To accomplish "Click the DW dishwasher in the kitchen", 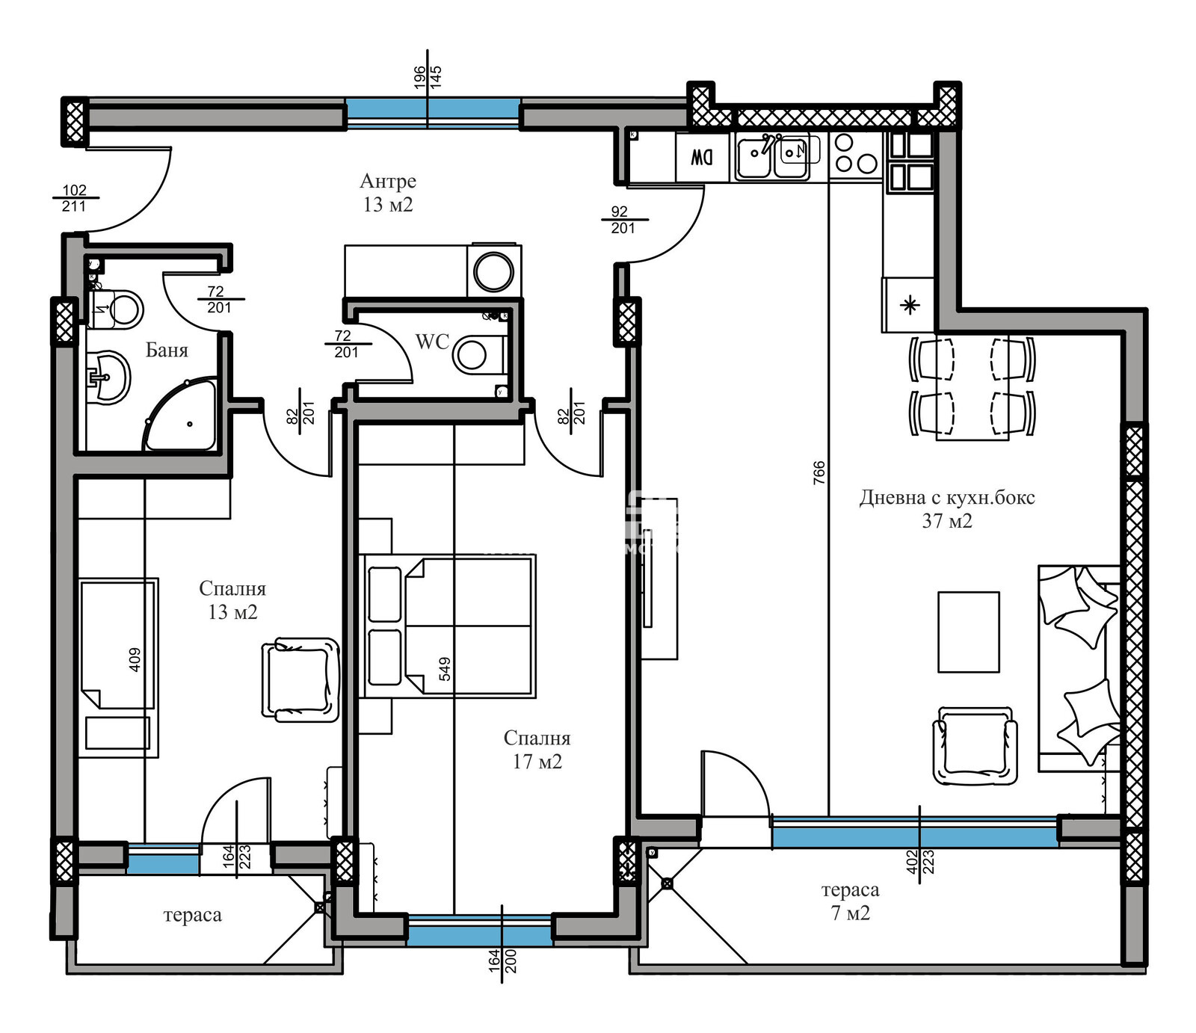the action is tap(702, 158).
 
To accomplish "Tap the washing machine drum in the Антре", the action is tap(493, 271).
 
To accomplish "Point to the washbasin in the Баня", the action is tap(108, 377).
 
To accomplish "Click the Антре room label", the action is tap(388, 181).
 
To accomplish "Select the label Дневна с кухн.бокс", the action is tap(947, 497).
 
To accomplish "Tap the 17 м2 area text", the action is tap(537, 762).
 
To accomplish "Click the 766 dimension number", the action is tap(819, 472).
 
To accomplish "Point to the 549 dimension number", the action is tap(445, 668).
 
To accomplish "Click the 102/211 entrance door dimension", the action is tap(74, 198).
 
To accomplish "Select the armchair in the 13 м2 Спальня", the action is tap(300, 679).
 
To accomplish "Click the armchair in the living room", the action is tap(975, 745).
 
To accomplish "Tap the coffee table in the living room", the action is tap(969, 632).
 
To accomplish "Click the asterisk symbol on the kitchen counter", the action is tap(910, 305).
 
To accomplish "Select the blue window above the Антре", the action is tap(434, 109).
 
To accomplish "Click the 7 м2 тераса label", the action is tap(851, 901).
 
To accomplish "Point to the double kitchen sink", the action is tap(771, 157).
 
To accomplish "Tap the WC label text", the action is tap(432, 342).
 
